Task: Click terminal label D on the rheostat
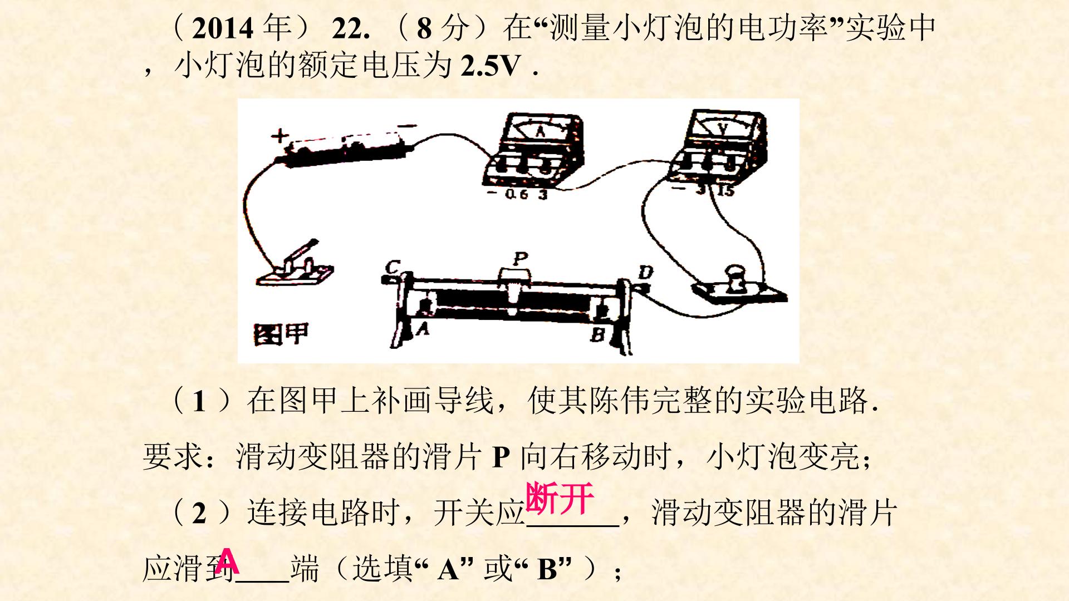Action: pyautogui.click(x=645, y=273)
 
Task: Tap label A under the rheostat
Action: pyautogui.click(x=423, y=331)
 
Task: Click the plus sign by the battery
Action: pyautogui.click(x=280, y=135)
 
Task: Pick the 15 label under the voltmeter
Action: pyautogui.click(x=725, y=191)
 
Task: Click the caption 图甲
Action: pyautogui.click(x=281, y=333)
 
